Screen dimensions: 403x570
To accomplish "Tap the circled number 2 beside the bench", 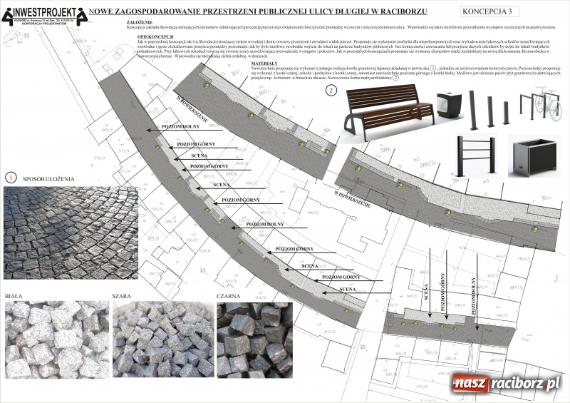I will click(x=331, y=91).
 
